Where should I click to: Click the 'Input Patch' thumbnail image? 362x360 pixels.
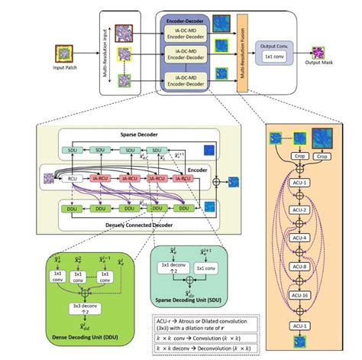click(65, 54)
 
